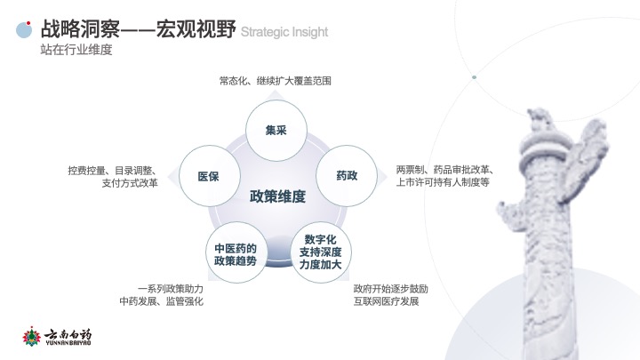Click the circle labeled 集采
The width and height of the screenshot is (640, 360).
click(x=276, y=131)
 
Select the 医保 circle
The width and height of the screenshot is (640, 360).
click(x=210, y=176)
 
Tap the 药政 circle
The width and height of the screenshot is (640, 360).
click(x=347, y=176)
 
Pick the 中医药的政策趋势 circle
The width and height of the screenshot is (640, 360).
click(x=236, y=253)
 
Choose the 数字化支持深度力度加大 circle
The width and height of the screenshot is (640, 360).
click(x=320, y=252)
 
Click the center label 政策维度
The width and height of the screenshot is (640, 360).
click(x=277, y=196)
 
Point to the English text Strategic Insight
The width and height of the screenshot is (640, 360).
click(x=284, y=32)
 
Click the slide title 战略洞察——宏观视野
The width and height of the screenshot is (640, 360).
click(x=138, y=28)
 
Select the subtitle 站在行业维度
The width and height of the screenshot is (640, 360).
click(x=76, y=50)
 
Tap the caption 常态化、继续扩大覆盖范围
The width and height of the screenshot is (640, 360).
click(x=275, y=81)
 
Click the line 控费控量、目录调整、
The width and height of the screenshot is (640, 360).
click(x=113, y=171)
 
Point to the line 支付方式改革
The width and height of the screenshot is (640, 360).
click(x=130, y=183)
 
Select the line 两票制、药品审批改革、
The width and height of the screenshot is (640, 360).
click(x=445, y=170)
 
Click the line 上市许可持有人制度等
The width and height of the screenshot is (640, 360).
click(x=443, y=182)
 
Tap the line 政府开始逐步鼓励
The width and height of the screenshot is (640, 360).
click(x=390, y=289)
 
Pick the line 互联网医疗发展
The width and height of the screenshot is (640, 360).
click(x=386, y=301)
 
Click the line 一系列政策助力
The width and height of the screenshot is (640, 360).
click(x=171, y=289)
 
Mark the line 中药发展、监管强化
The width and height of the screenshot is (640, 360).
click(x=161, y=301)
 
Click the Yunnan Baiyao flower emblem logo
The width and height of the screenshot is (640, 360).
click(x=31, y=337)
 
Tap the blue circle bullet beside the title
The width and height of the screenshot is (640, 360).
click(x=24, y=30)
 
